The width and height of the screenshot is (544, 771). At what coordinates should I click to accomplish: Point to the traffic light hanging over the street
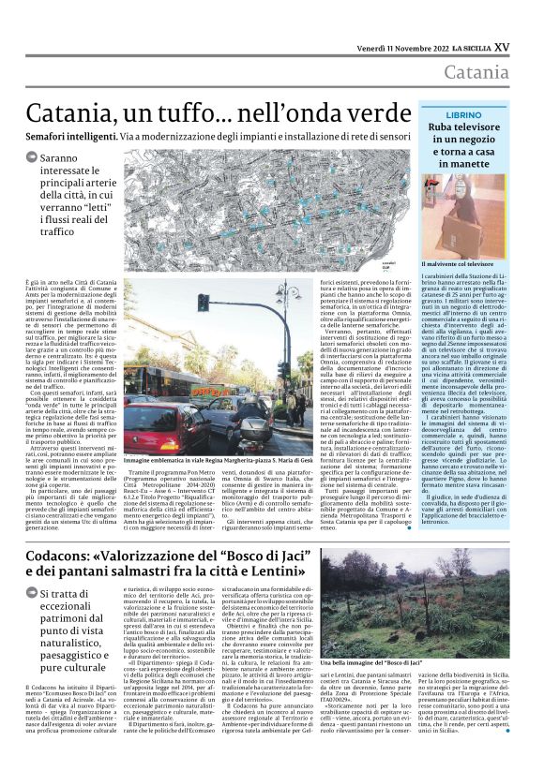point(204,302)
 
